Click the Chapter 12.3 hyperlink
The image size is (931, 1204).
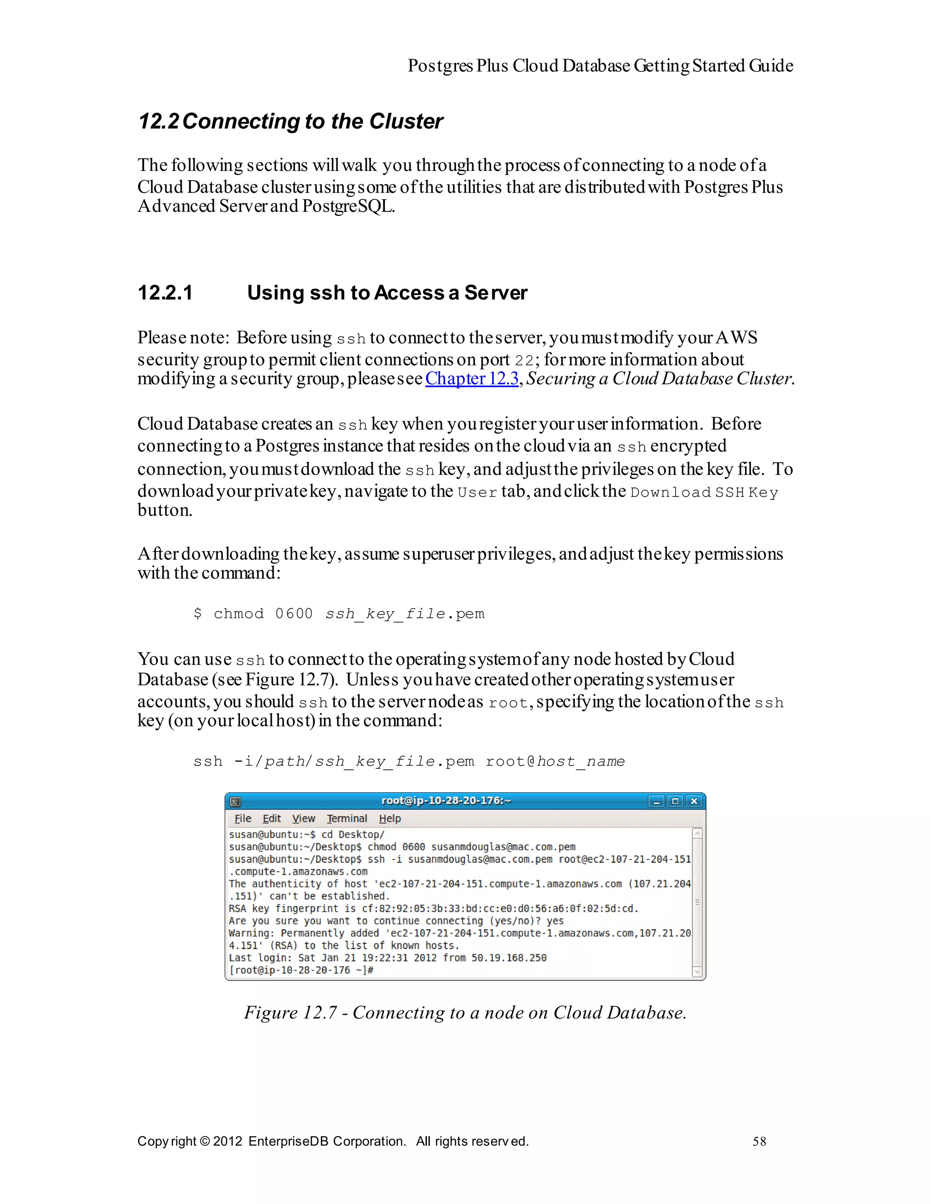tap(472, 379)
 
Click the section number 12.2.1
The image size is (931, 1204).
tap(165, 293)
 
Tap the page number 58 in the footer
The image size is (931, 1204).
tap(759, 1141)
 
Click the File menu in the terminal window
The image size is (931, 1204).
tap(243, 818)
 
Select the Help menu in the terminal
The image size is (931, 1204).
tap(390, 818)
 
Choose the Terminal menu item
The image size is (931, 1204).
tap(347, 818)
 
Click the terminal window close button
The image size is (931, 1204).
tap(694, 801)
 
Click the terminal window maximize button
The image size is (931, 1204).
tap(675, 801)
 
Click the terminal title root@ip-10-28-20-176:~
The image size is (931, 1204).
tap(446, 800)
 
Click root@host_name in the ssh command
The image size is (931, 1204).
tap(555, 761)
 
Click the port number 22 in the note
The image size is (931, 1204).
tap(524, 361)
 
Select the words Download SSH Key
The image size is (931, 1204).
tap(703, 492)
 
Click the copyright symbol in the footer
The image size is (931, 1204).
tap(205, 1141)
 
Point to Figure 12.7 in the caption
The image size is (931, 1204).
tap(290, 1013)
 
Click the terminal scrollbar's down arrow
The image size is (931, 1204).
tap(697, 972)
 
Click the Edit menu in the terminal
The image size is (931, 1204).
tap(272, 818)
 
